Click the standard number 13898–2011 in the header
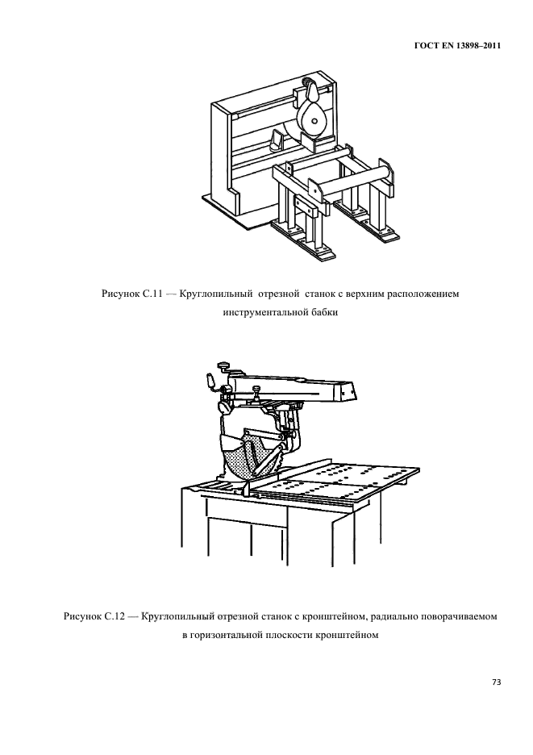click(479, 46)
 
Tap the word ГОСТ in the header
click(424, 46)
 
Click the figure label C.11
click(153, 294)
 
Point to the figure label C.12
click(115, 616)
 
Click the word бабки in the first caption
click(325, 312)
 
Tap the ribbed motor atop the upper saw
click(303, 86)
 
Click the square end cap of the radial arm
click(347, 391)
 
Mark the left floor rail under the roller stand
click(302, 240)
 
